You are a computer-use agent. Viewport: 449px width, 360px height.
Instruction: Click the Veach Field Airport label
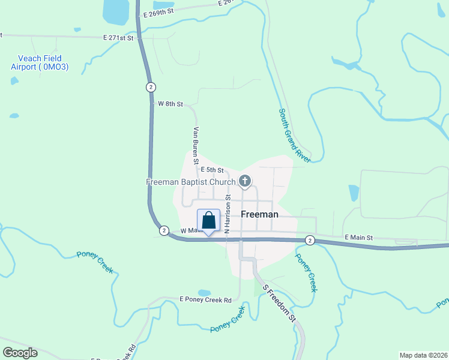[40, 62]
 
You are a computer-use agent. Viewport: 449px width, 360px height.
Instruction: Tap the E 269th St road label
[158, 11]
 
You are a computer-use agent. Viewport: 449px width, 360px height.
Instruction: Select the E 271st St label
[118, 37]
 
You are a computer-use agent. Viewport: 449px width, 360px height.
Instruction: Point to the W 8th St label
[170, 104]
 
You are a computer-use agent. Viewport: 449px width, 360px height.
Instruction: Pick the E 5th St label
[212, 170]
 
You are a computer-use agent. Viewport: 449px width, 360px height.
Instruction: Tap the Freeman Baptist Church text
[191, 181]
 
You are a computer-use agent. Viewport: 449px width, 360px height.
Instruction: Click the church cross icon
[244, 181]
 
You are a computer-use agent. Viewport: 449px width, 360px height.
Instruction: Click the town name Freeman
[259, 214]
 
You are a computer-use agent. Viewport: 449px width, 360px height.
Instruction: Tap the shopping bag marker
[208, 221]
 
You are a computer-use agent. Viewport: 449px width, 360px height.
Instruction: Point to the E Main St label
[359, 238]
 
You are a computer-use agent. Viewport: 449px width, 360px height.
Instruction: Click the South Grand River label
[294, 136]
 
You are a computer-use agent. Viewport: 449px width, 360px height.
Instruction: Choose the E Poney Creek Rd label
[205, 299]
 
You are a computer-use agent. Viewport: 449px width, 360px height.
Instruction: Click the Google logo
[20, 353]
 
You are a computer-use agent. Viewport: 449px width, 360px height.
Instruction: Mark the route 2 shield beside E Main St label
[309, 240]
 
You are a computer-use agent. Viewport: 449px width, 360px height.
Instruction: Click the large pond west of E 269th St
[116, 10]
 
